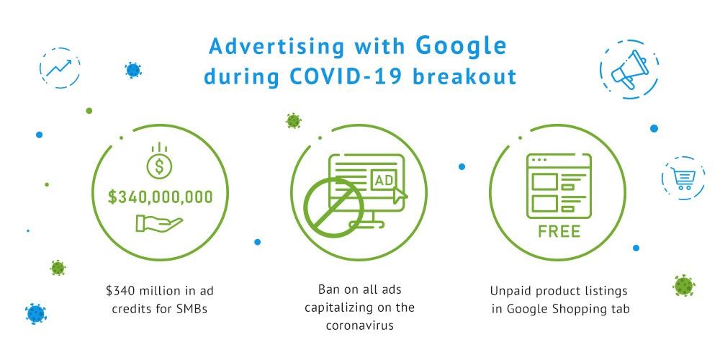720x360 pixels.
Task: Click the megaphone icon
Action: point(629,69)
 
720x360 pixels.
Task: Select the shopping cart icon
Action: point(683,179)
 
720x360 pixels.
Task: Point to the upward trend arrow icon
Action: point(59,68)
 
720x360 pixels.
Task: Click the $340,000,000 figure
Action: point(161,197)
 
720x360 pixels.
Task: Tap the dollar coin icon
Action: point(159,161)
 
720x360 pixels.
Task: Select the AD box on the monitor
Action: point(384,180)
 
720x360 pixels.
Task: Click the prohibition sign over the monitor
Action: point(334,207)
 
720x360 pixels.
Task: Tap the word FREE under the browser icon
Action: point(559,231)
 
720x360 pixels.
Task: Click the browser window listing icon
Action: point(559,186)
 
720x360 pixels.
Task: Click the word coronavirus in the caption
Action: point(360,325)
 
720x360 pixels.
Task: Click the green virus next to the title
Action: point(294,121)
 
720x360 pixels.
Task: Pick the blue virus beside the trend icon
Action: point(133,71)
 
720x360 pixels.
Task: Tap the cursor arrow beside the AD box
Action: point(400,194)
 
